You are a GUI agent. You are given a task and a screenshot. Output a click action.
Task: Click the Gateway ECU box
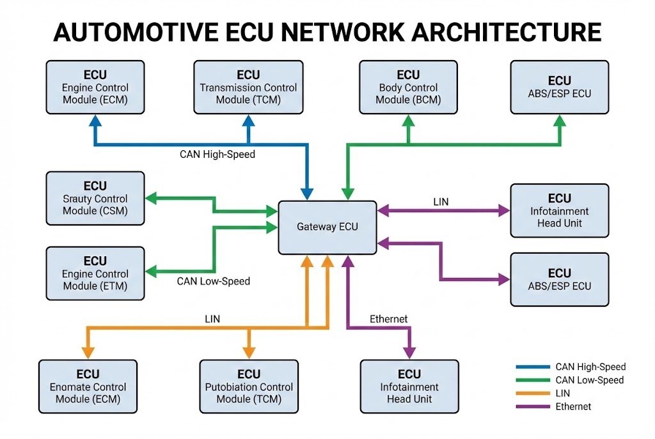(327, 227)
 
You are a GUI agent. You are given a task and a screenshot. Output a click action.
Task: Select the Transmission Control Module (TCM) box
(249, 87)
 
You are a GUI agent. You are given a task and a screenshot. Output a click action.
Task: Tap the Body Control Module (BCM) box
(408, 87)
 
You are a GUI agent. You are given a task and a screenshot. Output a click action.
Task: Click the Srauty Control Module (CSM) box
(95, 198)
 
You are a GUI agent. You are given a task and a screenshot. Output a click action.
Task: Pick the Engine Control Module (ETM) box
(95, 273)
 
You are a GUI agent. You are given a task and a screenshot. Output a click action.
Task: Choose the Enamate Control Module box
(88, 387)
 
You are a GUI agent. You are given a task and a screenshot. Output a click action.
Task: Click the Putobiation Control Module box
(249, 387)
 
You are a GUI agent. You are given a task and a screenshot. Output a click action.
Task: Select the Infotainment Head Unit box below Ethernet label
(409, 387)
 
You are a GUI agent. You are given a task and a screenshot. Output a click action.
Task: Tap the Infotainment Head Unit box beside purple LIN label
(559, 211)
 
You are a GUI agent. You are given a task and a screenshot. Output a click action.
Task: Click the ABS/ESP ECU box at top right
(559, 87)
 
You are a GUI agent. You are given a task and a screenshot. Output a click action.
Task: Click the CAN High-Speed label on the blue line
(217, 155)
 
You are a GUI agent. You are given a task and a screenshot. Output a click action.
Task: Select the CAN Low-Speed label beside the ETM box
(213, 281)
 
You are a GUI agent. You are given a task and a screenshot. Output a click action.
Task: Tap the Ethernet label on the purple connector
(388, 319)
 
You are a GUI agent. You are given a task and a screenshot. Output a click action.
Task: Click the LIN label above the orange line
(212, 318)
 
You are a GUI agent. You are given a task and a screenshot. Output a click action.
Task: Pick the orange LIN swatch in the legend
(532, 394)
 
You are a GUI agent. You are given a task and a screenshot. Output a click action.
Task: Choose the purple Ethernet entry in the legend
(573, 406)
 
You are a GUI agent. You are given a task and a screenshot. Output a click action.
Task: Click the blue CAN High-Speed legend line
(532, 367)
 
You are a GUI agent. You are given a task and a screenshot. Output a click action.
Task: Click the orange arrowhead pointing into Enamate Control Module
(88, 351)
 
